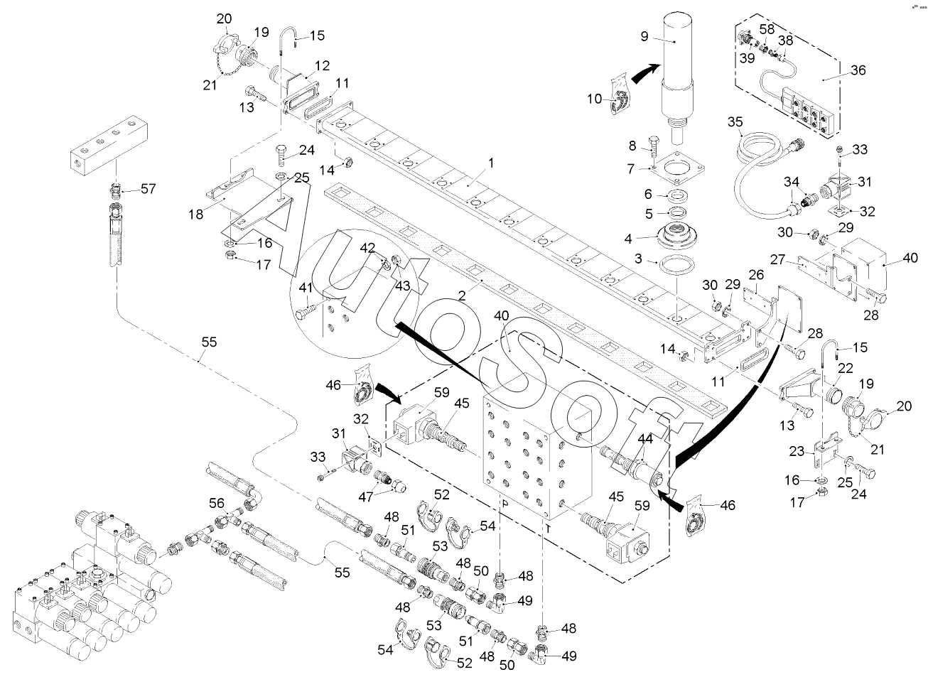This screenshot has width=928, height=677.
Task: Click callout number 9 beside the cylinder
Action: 644,36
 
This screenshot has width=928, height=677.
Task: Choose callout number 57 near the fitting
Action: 148,190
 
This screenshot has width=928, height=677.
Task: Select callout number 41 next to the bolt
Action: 306,288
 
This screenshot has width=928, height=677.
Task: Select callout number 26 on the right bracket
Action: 756,273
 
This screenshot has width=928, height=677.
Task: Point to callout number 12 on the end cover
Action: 322,66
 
